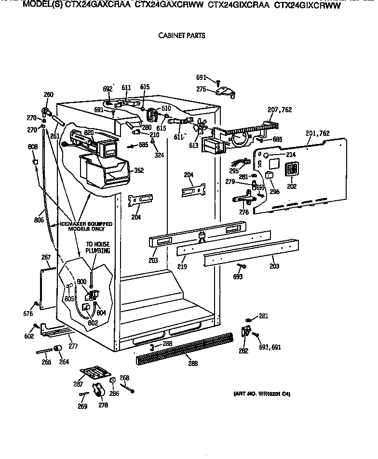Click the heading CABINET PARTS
click(181, 36)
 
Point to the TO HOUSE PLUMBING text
click(98, 248)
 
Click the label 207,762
click(280, 110)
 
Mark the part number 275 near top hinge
click(201, 89)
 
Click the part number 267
click(46, 258)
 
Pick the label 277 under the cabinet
click(72, 346)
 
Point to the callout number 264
click(64, 362)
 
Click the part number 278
click(103, 405)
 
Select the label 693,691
click(270, 347)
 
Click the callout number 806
click(40, 220)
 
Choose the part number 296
click(274, 191)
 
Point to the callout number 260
click(48, 95)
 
